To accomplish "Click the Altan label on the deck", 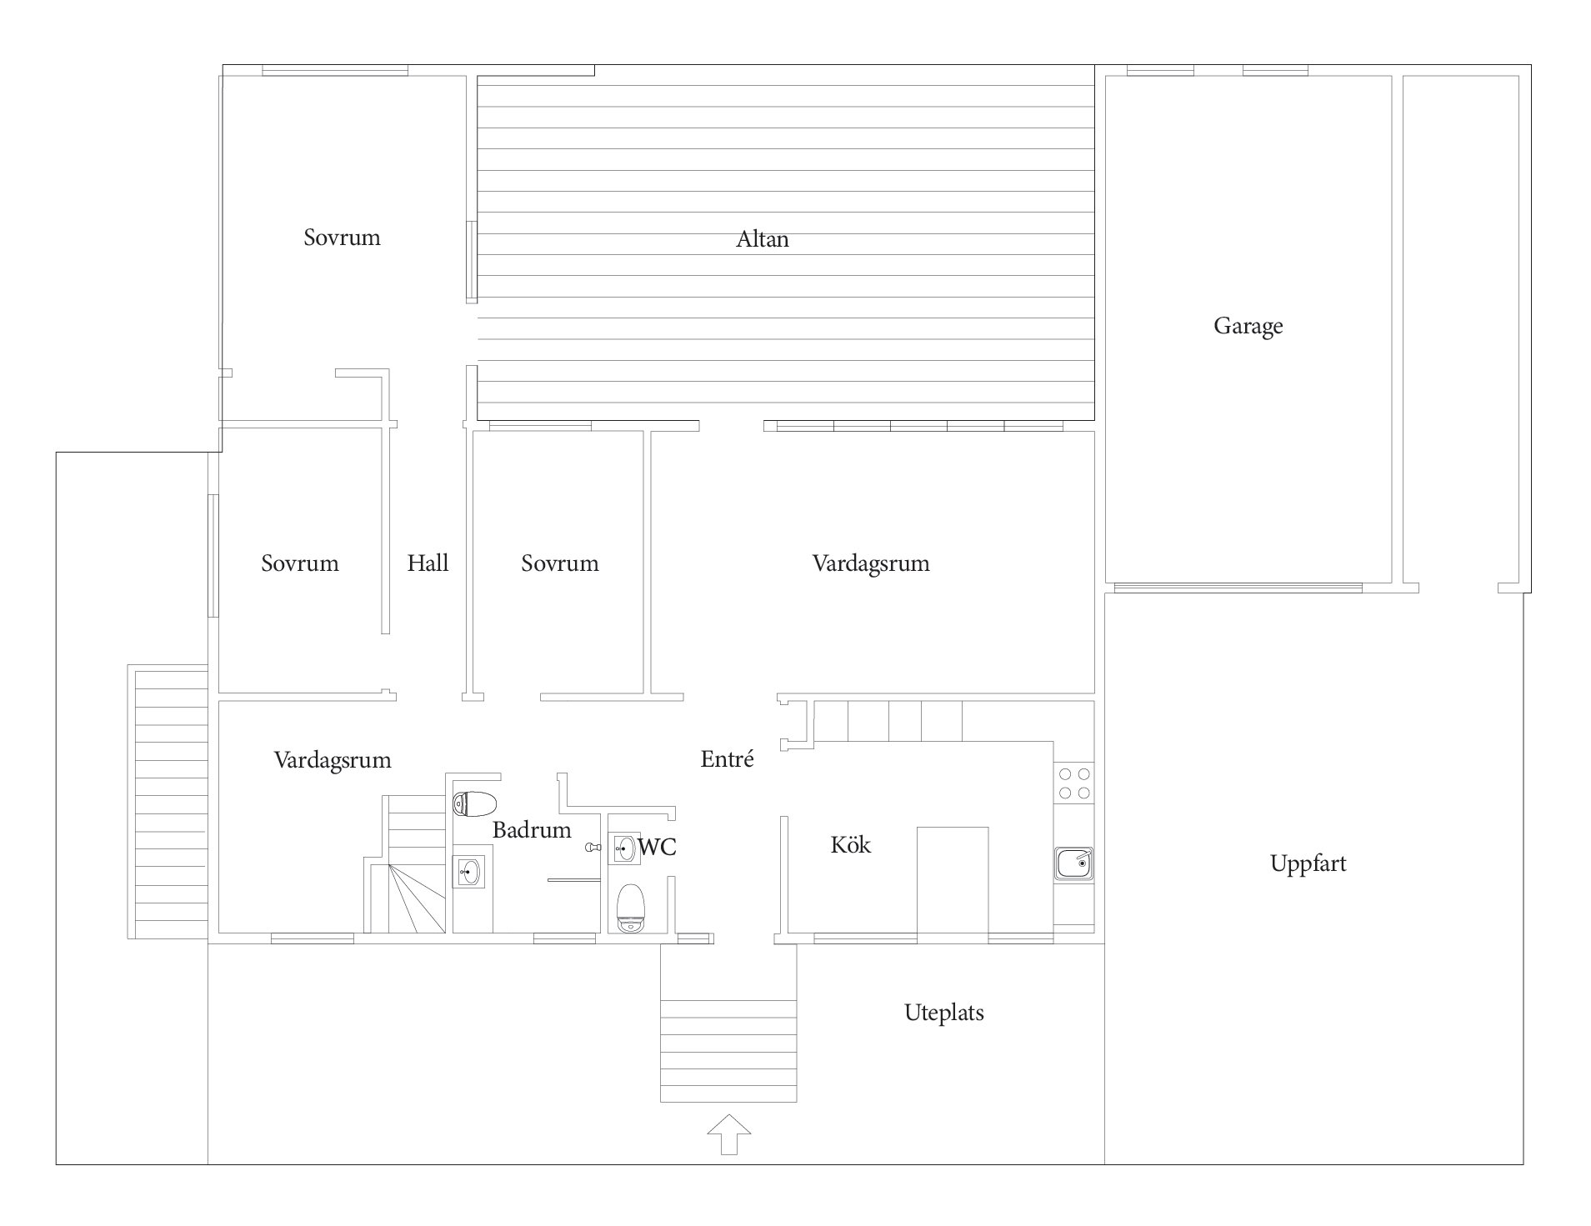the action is pos(762,239).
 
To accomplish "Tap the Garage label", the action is pos(1248,326).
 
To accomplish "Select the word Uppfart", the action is pos(1308,863).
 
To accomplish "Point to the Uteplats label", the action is pos(944,1013).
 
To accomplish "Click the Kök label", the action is pos(850,844).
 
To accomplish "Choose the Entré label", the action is pos(727,758).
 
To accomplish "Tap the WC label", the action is pos(657,848).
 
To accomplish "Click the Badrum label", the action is pos(532,829).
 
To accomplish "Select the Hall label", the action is pos(428,563).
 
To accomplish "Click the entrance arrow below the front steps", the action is pos(728,1134).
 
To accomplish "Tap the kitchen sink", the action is pos(1074,863).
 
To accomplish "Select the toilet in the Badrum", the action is pos(474,804).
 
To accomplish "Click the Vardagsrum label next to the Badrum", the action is pos(333,760).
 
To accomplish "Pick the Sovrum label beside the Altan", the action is pos(342,238).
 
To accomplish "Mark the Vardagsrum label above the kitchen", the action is pos(871,563).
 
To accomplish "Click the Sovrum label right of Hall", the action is pos(560,563).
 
